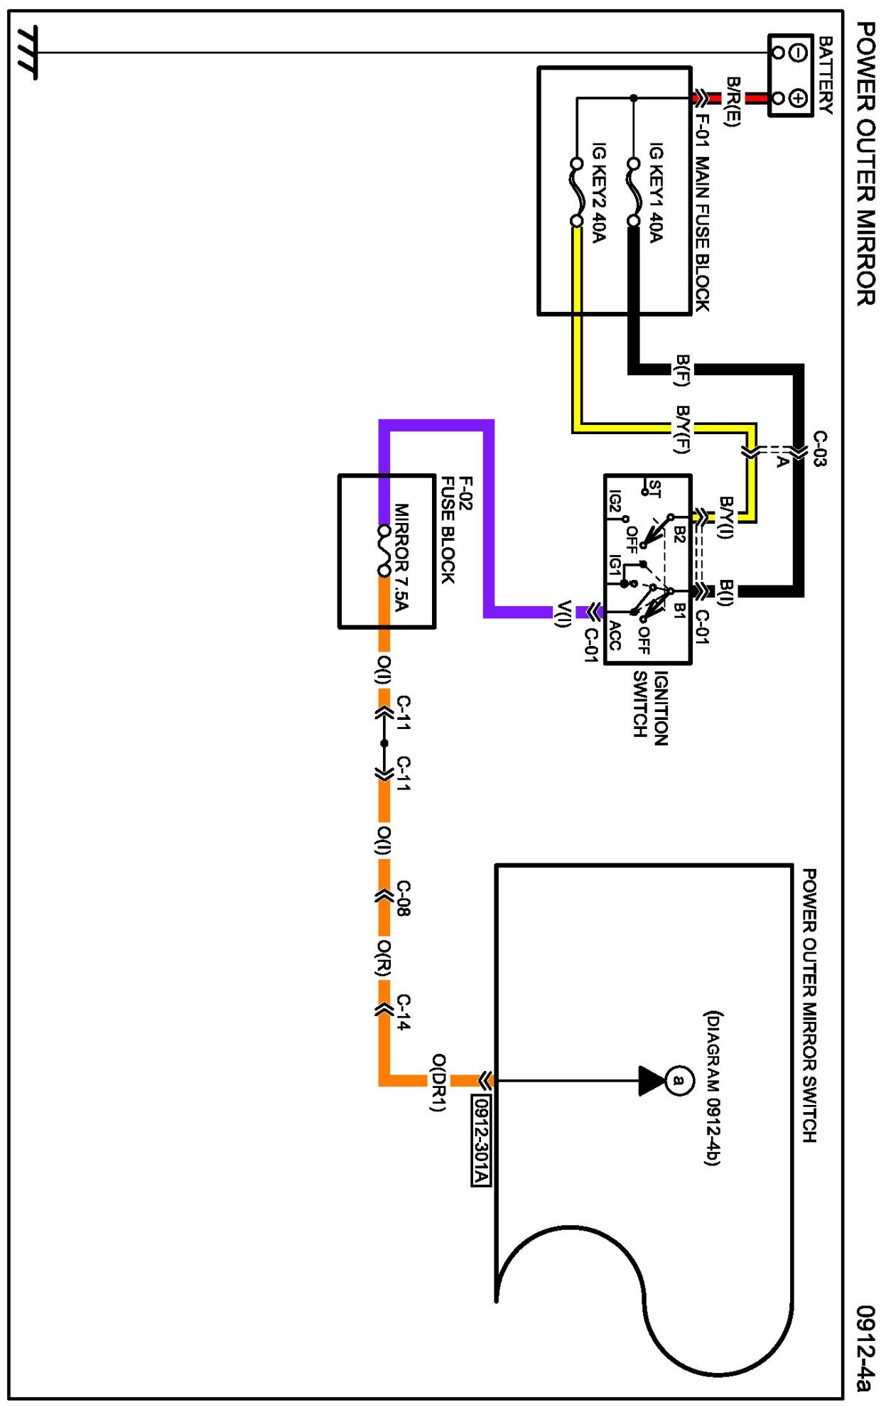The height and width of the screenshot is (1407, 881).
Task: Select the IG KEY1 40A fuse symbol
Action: [x=633, y=192]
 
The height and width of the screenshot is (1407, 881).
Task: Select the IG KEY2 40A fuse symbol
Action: [x=576, y=192]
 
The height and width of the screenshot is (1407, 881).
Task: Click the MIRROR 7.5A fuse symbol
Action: [x=384, y=551]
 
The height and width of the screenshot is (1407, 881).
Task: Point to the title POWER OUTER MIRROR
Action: [x=864, y=163]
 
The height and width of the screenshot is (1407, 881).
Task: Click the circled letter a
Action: [x=679, y=1081]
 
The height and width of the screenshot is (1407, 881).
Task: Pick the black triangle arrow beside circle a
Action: [x=651, y=1081]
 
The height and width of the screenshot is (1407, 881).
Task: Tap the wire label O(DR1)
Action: [x=438, y=1082]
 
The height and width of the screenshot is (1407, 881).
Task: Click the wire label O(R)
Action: [x=384, y=959]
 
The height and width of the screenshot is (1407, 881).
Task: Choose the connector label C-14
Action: [x=403, y=1012]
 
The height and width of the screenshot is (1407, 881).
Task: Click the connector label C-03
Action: [x=819, y=448]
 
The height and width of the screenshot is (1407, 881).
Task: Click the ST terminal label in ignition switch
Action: [x=654, y=489]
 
